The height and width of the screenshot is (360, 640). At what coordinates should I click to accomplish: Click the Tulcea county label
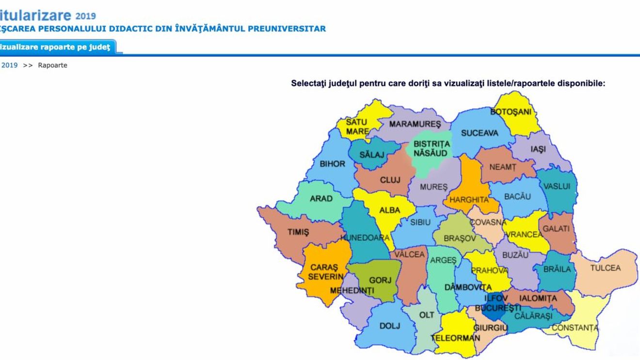coord(605,268)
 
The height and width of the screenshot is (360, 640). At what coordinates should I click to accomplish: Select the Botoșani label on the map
coord(511,112)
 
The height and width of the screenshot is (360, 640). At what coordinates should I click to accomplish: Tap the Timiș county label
coord(298,232)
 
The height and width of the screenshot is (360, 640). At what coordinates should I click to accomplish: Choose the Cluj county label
coord(390,180)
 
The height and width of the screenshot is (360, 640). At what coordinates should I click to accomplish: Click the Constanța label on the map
coord(575,328)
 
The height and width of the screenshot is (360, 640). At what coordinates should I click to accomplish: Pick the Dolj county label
coord(389,326)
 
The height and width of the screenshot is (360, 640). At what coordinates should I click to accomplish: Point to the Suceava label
coord(480,133)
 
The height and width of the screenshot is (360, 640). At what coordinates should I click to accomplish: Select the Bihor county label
coord(332,164)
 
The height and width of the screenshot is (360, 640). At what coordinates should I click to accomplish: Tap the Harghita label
coord(469,200)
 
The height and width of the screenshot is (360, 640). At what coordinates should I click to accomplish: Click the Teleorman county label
coord(455,338)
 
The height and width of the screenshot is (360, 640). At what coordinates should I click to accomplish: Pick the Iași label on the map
coord(538,149)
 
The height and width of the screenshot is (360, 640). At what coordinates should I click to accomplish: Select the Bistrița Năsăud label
coord(431,149)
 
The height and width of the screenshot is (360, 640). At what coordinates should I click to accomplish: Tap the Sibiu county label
coord(420,223)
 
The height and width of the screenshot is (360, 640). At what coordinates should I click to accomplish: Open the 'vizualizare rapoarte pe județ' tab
coord(55,47)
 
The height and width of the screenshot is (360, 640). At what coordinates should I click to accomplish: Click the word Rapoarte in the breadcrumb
coord(52,65)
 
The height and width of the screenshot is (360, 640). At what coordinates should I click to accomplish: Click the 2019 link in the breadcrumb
coord(10,65)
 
